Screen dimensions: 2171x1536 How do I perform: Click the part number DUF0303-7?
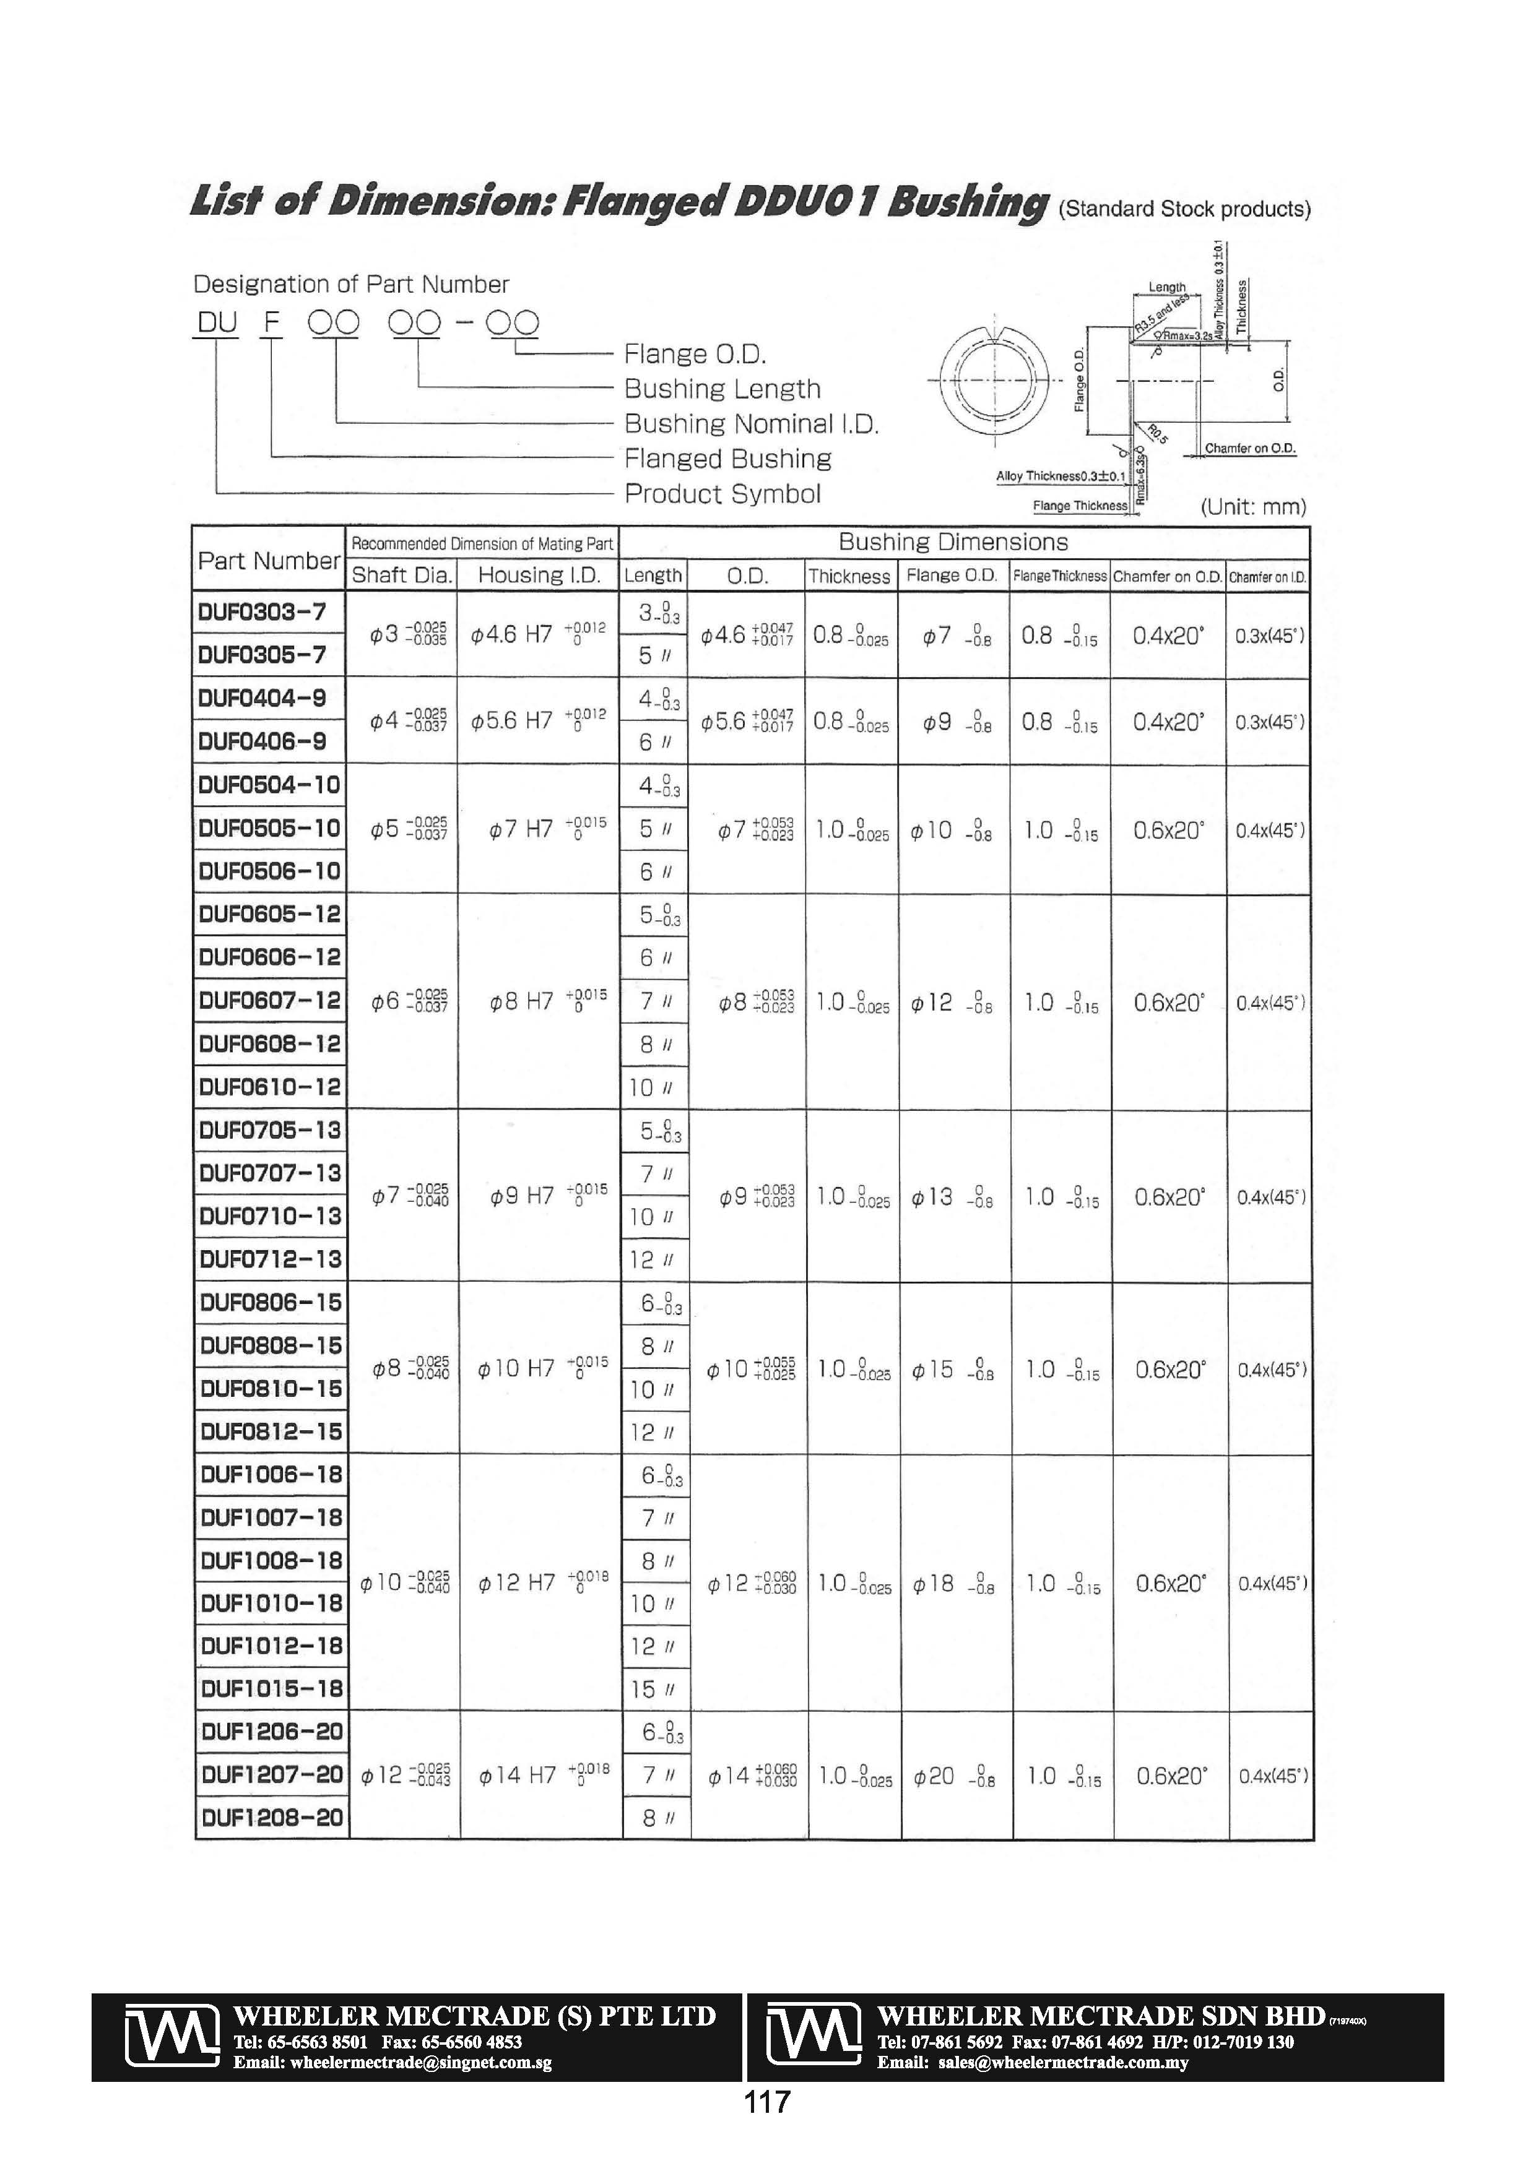point(262,612)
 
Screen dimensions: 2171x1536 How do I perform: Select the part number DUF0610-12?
point(269,1087)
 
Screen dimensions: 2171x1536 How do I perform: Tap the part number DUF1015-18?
point(271,1688)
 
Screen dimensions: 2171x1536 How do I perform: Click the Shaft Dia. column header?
point(402,575)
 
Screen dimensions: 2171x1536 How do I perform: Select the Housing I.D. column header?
point(539,575)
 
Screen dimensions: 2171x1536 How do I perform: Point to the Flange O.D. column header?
point(952,575)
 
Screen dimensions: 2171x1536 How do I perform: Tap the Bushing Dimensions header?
point(952,542)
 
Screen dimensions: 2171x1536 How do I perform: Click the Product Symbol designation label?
point(722,494)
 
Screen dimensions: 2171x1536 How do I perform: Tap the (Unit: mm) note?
point(1253,507)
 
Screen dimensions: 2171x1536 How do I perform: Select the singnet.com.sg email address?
point(393,2062)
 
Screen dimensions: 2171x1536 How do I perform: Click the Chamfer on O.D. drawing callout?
point(1249,448)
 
